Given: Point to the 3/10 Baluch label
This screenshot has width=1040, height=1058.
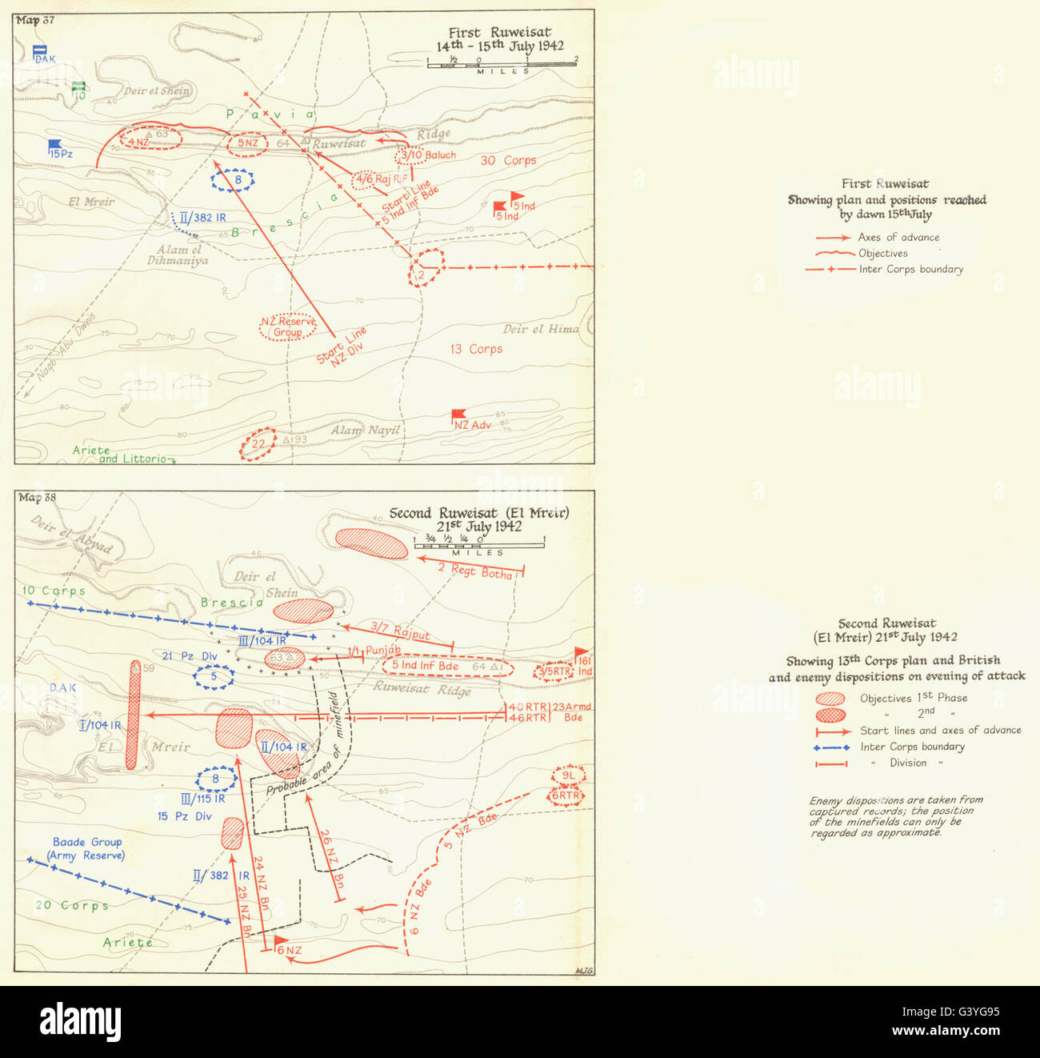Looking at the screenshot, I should coord(430,154).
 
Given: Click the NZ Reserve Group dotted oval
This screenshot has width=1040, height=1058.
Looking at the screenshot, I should coord(288,327).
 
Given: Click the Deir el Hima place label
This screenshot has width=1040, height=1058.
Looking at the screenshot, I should coord(541,329).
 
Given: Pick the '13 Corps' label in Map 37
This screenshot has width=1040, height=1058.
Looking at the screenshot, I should coord(476,349).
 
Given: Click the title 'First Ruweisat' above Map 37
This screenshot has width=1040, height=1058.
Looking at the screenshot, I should coord(499,33).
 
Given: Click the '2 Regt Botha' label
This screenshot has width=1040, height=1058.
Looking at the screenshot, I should coord(475,570).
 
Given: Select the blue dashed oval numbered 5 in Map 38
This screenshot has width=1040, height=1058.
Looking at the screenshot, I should coord(214,677).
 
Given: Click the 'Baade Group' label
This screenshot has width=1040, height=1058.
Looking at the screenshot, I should coord(87,842).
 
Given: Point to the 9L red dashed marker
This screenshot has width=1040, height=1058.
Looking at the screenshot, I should coord(568,776).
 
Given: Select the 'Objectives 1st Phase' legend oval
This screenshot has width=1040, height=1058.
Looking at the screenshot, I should coord(832,698).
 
